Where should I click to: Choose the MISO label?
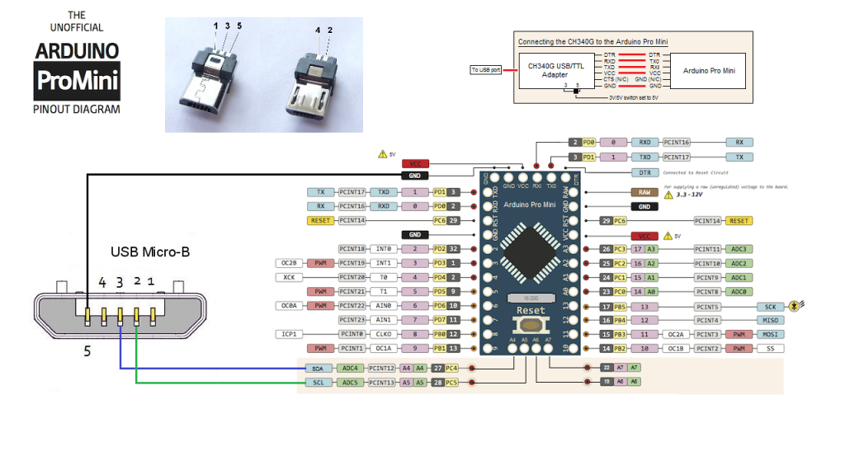coord(769,320)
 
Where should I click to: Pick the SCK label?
coord(769,306)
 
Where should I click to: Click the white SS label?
coord(769,348)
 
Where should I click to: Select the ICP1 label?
coord(289,334)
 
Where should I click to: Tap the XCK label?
coord(289,277)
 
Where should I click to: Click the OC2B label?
coord(289,263)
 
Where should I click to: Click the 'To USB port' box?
coord(486,69)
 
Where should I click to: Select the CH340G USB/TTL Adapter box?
coord(554,70)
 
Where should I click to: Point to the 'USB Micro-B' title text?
coord(150,251)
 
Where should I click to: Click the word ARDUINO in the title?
coord(77,51)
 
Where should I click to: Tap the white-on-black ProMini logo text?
coord(77,81)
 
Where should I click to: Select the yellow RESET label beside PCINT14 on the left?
coord(320,220)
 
